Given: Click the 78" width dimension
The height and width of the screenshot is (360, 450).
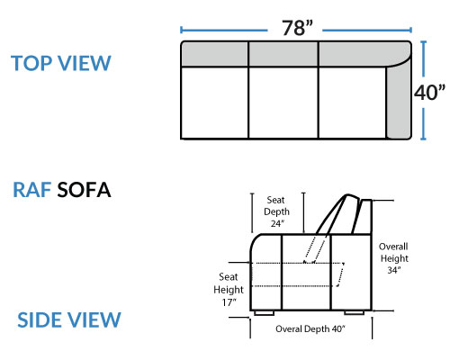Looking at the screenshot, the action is click(297, 28).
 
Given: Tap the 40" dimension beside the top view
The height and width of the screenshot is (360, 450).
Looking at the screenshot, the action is click(429, 92).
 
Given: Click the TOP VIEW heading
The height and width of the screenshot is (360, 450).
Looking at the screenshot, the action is click(61, 63).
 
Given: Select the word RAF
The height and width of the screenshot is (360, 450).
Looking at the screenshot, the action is click(31, 190).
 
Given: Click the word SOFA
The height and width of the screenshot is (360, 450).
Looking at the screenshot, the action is click(84, 190).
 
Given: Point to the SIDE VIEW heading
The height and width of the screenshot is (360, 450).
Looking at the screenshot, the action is click(69, 319).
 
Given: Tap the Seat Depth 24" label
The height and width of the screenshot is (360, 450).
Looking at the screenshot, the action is click(276, 211).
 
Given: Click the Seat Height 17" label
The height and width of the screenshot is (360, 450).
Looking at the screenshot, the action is click(229, 290).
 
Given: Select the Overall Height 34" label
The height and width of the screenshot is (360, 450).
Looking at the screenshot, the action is click(394, 258).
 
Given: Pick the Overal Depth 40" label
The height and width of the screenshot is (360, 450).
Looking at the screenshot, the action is click(310, 328).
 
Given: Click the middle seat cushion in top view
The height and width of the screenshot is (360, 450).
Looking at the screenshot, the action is click(283, 103).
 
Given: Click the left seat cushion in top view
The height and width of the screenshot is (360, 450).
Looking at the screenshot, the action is click(215, 103).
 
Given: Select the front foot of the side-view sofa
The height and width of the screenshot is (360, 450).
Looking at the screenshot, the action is click(264, 313).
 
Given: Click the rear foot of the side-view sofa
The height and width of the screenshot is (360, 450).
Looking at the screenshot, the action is click(355, 312).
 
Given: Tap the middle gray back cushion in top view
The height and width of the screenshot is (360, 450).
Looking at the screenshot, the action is click(283, 54).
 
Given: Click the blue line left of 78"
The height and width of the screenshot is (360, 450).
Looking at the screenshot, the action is click(223, 30).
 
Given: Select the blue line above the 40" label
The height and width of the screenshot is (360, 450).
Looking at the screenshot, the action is click(423, 58).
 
